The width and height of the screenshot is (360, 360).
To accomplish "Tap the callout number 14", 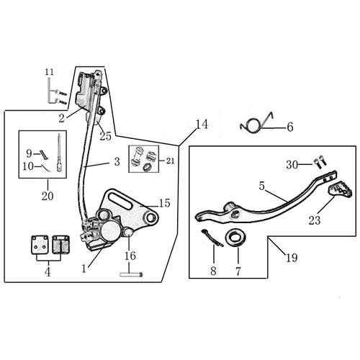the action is coord(202,125).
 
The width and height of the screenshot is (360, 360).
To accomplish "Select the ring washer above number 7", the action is coord(235,238).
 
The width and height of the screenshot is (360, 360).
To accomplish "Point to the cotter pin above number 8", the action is coord(212,238).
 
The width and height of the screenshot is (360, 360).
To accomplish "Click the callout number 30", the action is coord(292,165).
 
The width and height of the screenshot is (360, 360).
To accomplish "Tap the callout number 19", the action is coord(292,258).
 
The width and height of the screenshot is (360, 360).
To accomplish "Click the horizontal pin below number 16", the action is coord(131,274).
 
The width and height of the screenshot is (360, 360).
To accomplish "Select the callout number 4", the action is coord(48,272).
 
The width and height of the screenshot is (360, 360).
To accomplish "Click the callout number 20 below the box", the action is coord(48,196).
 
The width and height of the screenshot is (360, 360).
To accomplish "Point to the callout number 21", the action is coord(171,161).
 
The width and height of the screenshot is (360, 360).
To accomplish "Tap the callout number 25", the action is coord(106,136).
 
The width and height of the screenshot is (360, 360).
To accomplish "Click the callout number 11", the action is coord(50,72).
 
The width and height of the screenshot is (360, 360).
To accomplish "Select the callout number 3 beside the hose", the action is coord(117,162).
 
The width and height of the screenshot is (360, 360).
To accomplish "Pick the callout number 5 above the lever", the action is coord(262,186).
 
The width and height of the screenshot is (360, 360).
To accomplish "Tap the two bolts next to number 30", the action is coord(320,162).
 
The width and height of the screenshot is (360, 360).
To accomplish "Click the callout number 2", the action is coord(62,118).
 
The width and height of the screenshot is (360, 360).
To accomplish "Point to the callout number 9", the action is coord(29,153).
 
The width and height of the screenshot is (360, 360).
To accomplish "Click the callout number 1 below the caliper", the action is coord(84,269).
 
